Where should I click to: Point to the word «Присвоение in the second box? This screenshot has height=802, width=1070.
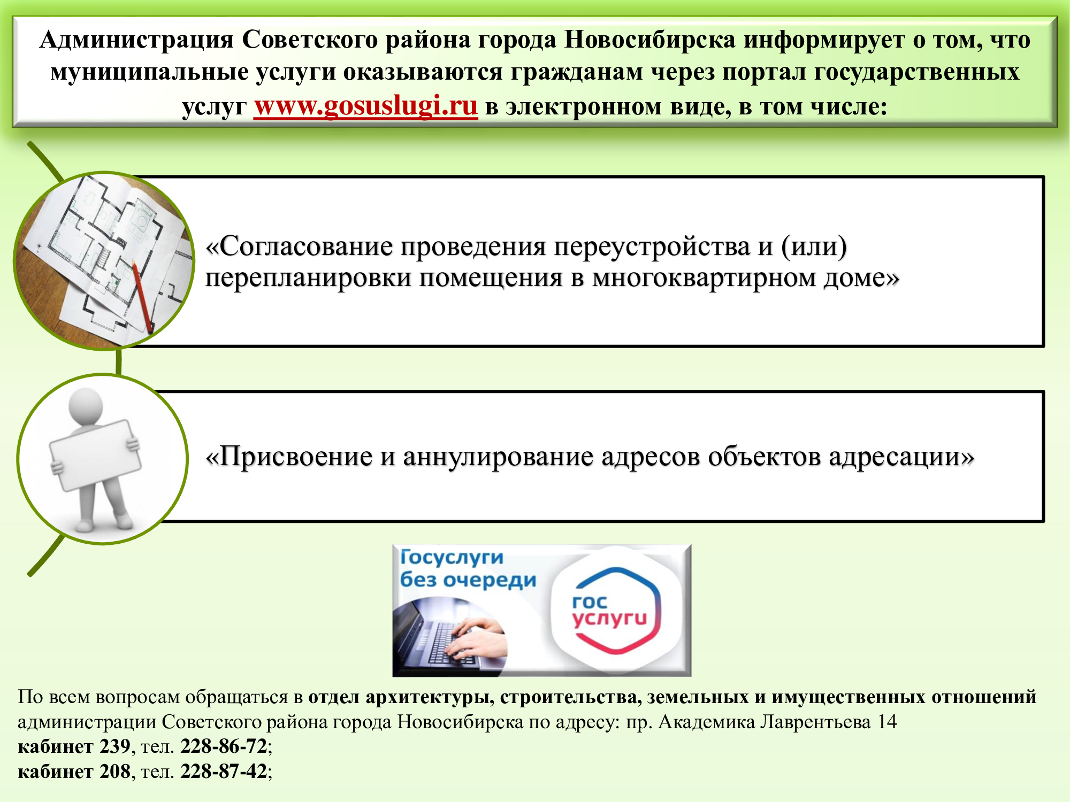tap(289, 457)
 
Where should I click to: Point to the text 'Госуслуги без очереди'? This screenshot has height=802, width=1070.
tap(468, 568)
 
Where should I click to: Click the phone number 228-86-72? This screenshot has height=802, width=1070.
tap(224, 746)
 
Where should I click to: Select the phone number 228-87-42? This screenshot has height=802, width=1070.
tap(224, 772)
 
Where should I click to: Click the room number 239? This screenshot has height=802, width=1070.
tap(115, 746)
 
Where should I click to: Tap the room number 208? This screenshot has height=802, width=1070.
tap(115, 772)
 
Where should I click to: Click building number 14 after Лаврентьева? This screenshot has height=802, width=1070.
tap(887, 722)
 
